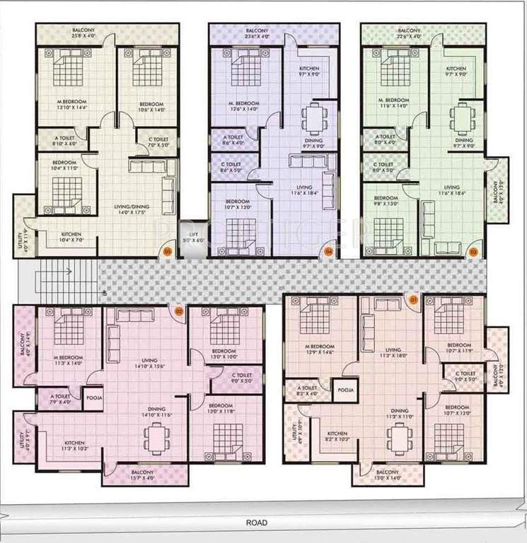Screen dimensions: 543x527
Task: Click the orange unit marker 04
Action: click(328, 250)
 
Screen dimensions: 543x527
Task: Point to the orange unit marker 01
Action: click(414, 300)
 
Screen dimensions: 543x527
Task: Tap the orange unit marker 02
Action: click(179, 310)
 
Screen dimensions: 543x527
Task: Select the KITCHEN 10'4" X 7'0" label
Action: click(71, 237)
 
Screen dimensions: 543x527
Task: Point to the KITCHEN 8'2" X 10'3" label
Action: click(337, 437)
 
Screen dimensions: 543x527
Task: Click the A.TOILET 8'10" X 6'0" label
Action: click(66, 140)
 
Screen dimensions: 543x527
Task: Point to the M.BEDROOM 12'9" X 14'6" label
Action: click(318, 349)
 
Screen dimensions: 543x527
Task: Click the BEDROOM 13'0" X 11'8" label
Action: click(222, 409)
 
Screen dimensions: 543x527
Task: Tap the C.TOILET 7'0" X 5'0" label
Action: click(158, 144)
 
